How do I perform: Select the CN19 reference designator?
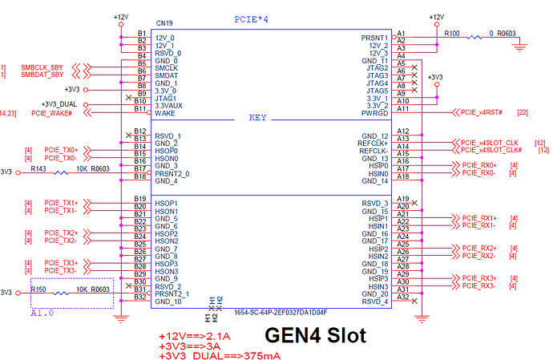166,24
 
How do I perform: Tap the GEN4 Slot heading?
315,335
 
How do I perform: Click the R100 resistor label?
452,34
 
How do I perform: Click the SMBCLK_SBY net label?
42,67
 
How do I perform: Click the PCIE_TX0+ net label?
62,150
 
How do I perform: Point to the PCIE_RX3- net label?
478,286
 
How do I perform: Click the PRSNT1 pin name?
374,38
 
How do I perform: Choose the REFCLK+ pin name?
371,143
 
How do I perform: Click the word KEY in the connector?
257,117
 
